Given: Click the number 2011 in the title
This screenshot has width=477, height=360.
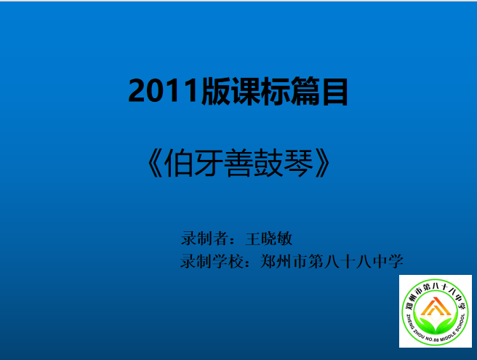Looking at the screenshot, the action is point(164,91).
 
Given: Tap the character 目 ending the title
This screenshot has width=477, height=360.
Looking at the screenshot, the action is point(334,92).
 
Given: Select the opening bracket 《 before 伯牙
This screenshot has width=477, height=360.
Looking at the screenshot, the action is point(155,163).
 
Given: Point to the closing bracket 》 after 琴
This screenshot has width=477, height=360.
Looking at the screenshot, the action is point(322,163).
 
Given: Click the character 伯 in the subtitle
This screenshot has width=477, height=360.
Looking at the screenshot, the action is point(178,163).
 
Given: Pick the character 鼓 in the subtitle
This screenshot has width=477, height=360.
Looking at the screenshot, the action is point(268,163).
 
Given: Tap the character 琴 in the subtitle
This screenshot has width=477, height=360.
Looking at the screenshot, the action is point(298,163).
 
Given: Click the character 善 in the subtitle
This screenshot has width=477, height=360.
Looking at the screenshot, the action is point(238,163).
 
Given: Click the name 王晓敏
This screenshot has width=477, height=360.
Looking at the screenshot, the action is point(268,239).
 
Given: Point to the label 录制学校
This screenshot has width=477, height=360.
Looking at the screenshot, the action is point(212,261).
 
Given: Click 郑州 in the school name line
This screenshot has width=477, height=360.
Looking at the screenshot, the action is point(276,261).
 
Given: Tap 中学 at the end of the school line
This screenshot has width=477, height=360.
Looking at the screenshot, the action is point(388,261).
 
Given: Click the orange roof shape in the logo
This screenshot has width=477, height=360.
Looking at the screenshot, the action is point(436,306).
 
